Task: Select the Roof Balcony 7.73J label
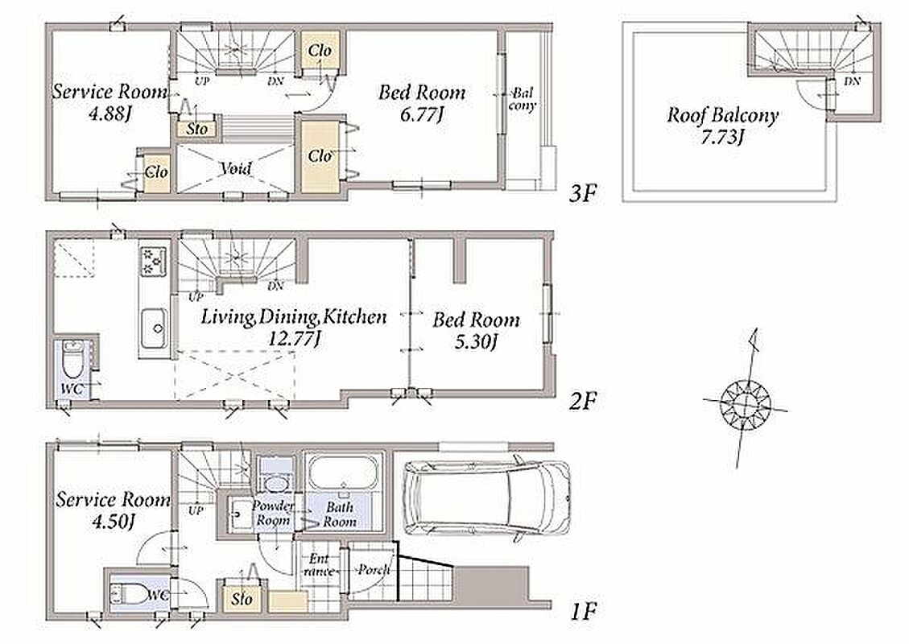721,126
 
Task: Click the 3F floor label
582,193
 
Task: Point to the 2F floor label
582,401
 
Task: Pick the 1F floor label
583,611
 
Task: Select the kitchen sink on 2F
155,328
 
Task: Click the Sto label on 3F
197,129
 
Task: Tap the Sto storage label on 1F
242,597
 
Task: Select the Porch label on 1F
374,570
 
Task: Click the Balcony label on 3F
523,99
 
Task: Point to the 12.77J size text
295,339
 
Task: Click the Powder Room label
273,513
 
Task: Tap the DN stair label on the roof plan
852,81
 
